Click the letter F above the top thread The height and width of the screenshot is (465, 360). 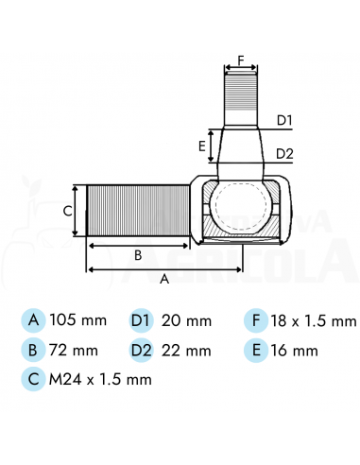coord(241,60)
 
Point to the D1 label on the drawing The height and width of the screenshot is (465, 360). coord(284,120)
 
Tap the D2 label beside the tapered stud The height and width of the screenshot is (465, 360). coord(284,154)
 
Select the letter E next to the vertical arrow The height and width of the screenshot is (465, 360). coord(202,146)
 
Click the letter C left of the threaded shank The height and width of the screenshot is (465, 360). coord(68,211)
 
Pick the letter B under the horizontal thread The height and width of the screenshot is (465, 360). coord(138,255)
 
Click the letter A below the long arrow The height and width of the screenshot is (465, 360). coord(164,279)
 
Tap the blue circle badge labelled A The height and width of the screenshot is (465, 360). coord(33,320)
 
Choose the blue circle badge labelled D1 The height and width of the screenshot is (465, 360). coord(141,320)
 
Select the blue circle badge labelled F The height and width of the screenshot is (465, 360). coord(256,320)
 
